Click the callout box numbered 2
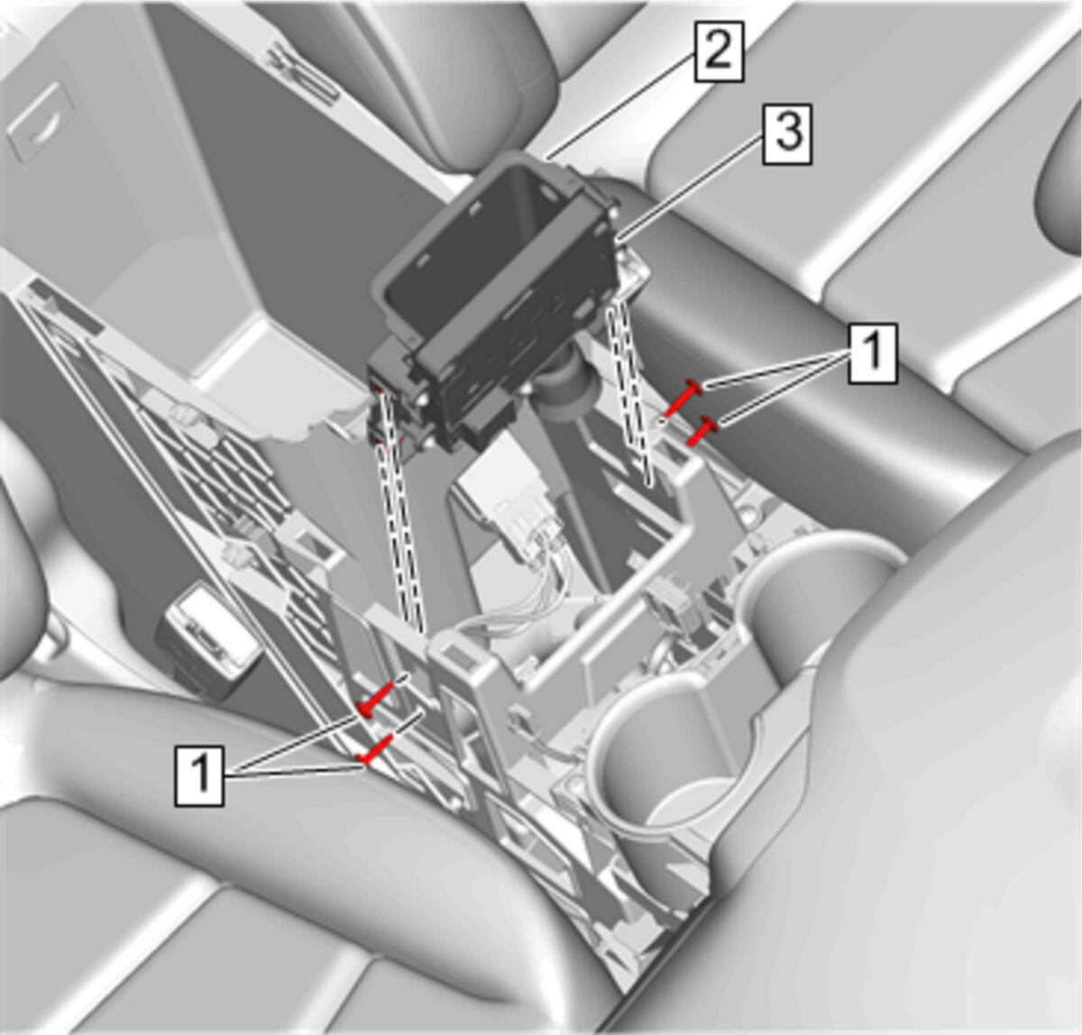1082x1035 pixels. coord(719,51)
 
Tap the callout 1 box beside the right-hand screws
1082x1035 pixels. coord(872,353)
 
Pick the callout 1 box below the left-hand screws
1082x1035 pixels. coord(199,776)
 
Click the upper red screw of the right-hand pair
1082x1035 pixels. coord(683,397)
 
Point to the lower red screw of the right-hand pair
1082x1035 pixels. coord(702,430)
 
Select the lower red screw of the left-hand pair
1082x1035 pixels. coord(376,747)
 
